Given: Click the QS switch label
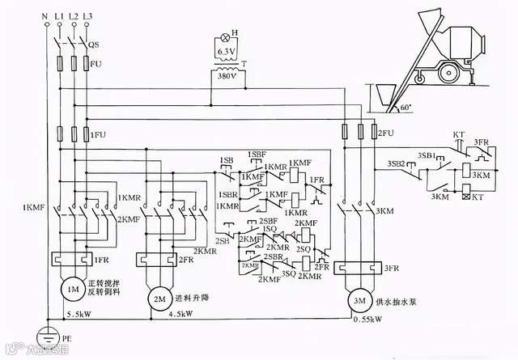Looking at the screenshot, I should (x=93, y=45).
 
